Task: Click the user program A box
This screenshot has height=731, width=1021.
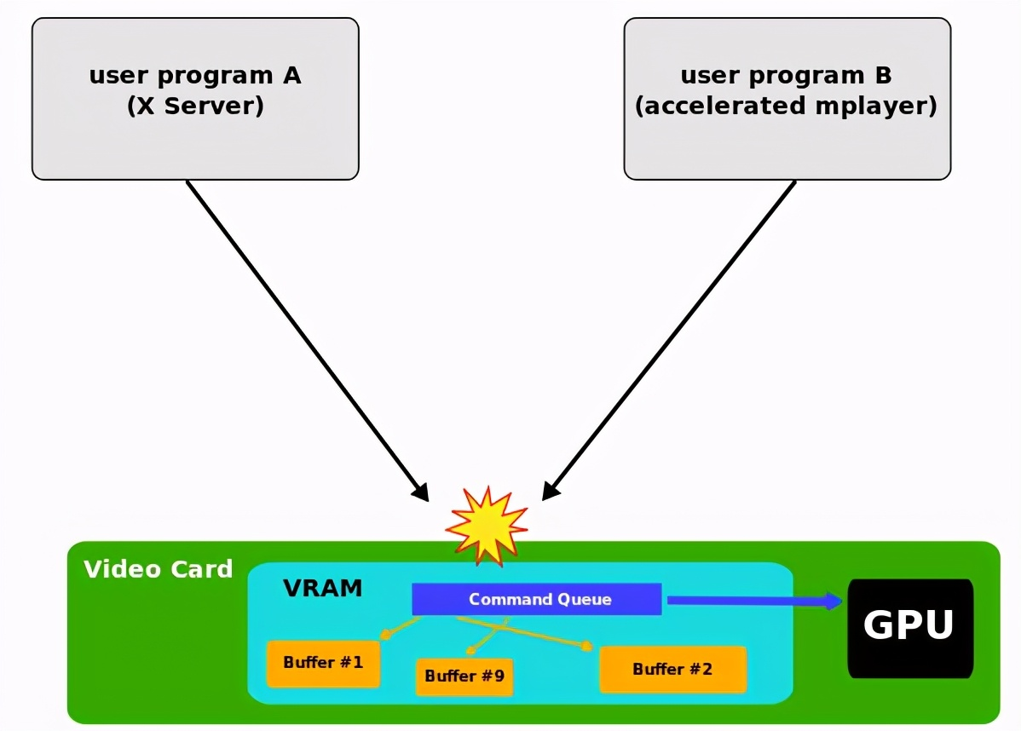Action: click(x=195, y=136)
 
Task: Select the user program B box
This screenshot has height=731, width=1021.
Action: click(x=787, y=136)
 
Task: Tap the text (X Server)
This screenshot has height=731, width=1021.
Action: click(x=195, y=106)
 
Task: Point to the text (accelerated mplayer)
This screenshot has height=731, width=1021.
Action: click(x=787, y=106)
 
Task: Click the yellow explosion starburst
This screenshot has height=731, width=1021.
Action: click(x=487, y=526)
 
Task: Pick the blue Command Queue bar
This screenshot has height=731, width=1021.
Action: click(x=537, y=599)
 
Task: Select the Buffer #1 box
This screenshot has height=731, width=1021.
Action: click(x=323, y=662)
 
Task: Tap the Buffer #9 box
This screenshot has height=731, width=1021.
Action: click(x=464, y=676)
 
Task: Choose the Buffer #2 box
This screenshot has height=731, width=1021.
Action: click(x=672, y=669)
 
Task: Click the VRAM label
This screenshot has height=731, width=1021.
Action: click(x=323, y=588)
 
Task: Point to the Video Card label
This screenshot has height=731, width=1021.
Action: click(x=159, y=569)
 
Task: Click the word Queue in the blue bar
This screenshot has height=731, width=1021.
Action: click(x=584, y=599)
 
